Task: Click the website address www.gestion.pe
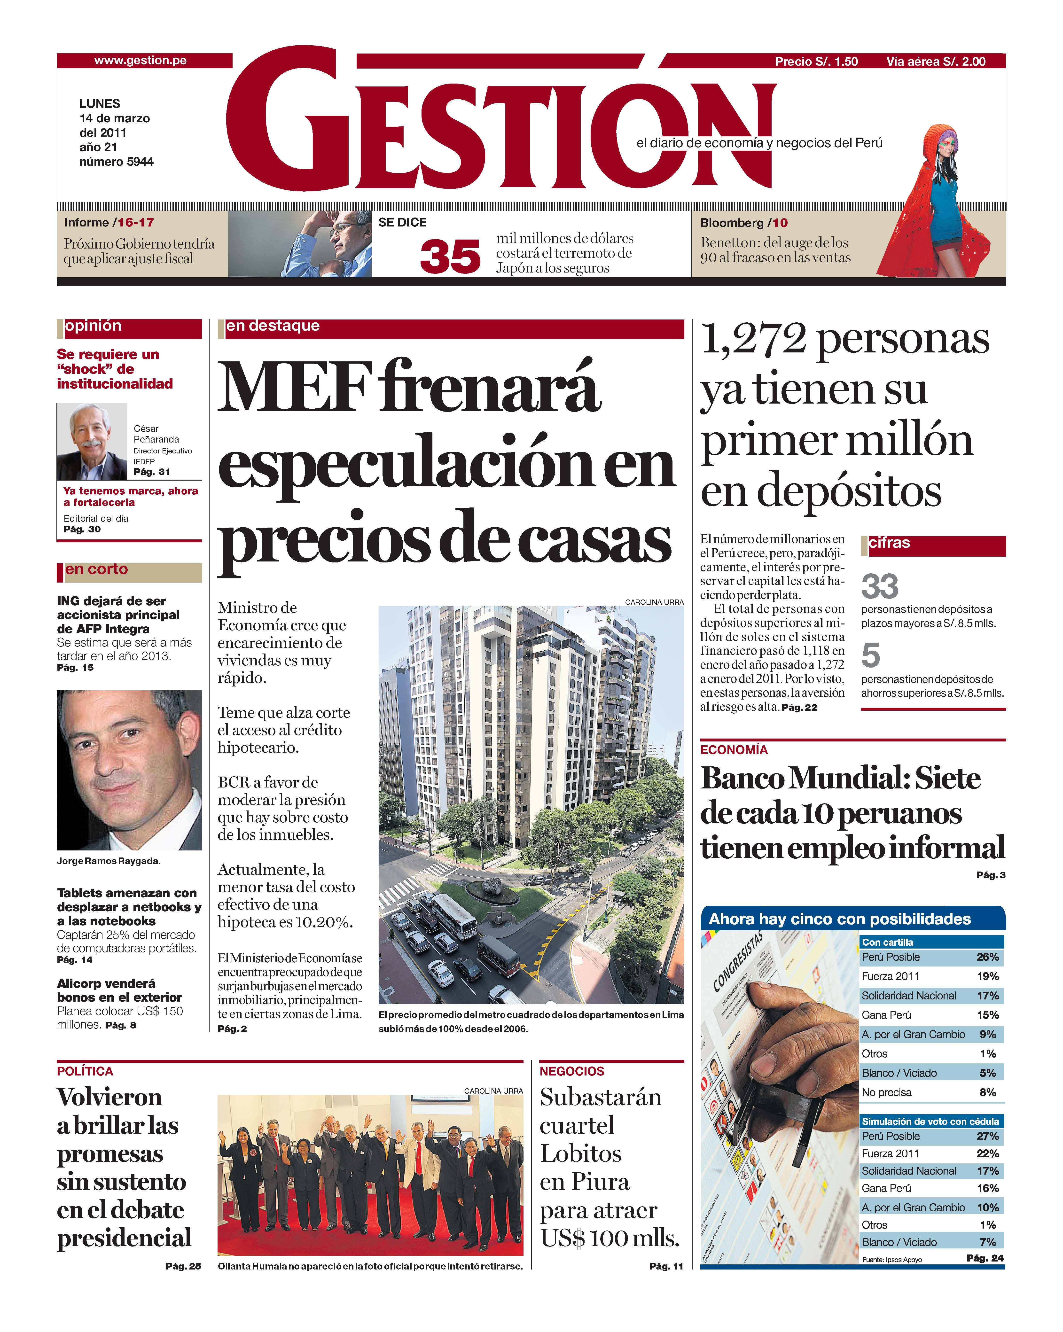coord(140,61)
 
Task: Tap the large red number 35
coord(450,256)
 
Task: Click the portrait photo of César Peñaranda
coord(92,442)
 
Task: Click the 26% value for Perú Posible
coord(987,957)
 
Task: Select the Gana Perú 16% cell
coord(987,1188)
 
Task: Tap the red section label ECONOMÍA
coord(734,750)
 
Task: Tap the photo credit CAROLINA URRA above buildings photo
coord(654,602)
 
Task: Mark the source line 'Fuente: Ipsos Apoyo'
coord(891,1260)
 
